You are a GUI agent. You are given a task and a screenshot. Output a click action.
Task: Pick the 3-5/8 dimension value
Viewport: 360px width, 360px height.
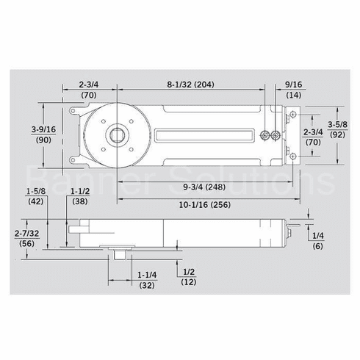pos(336,124)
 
